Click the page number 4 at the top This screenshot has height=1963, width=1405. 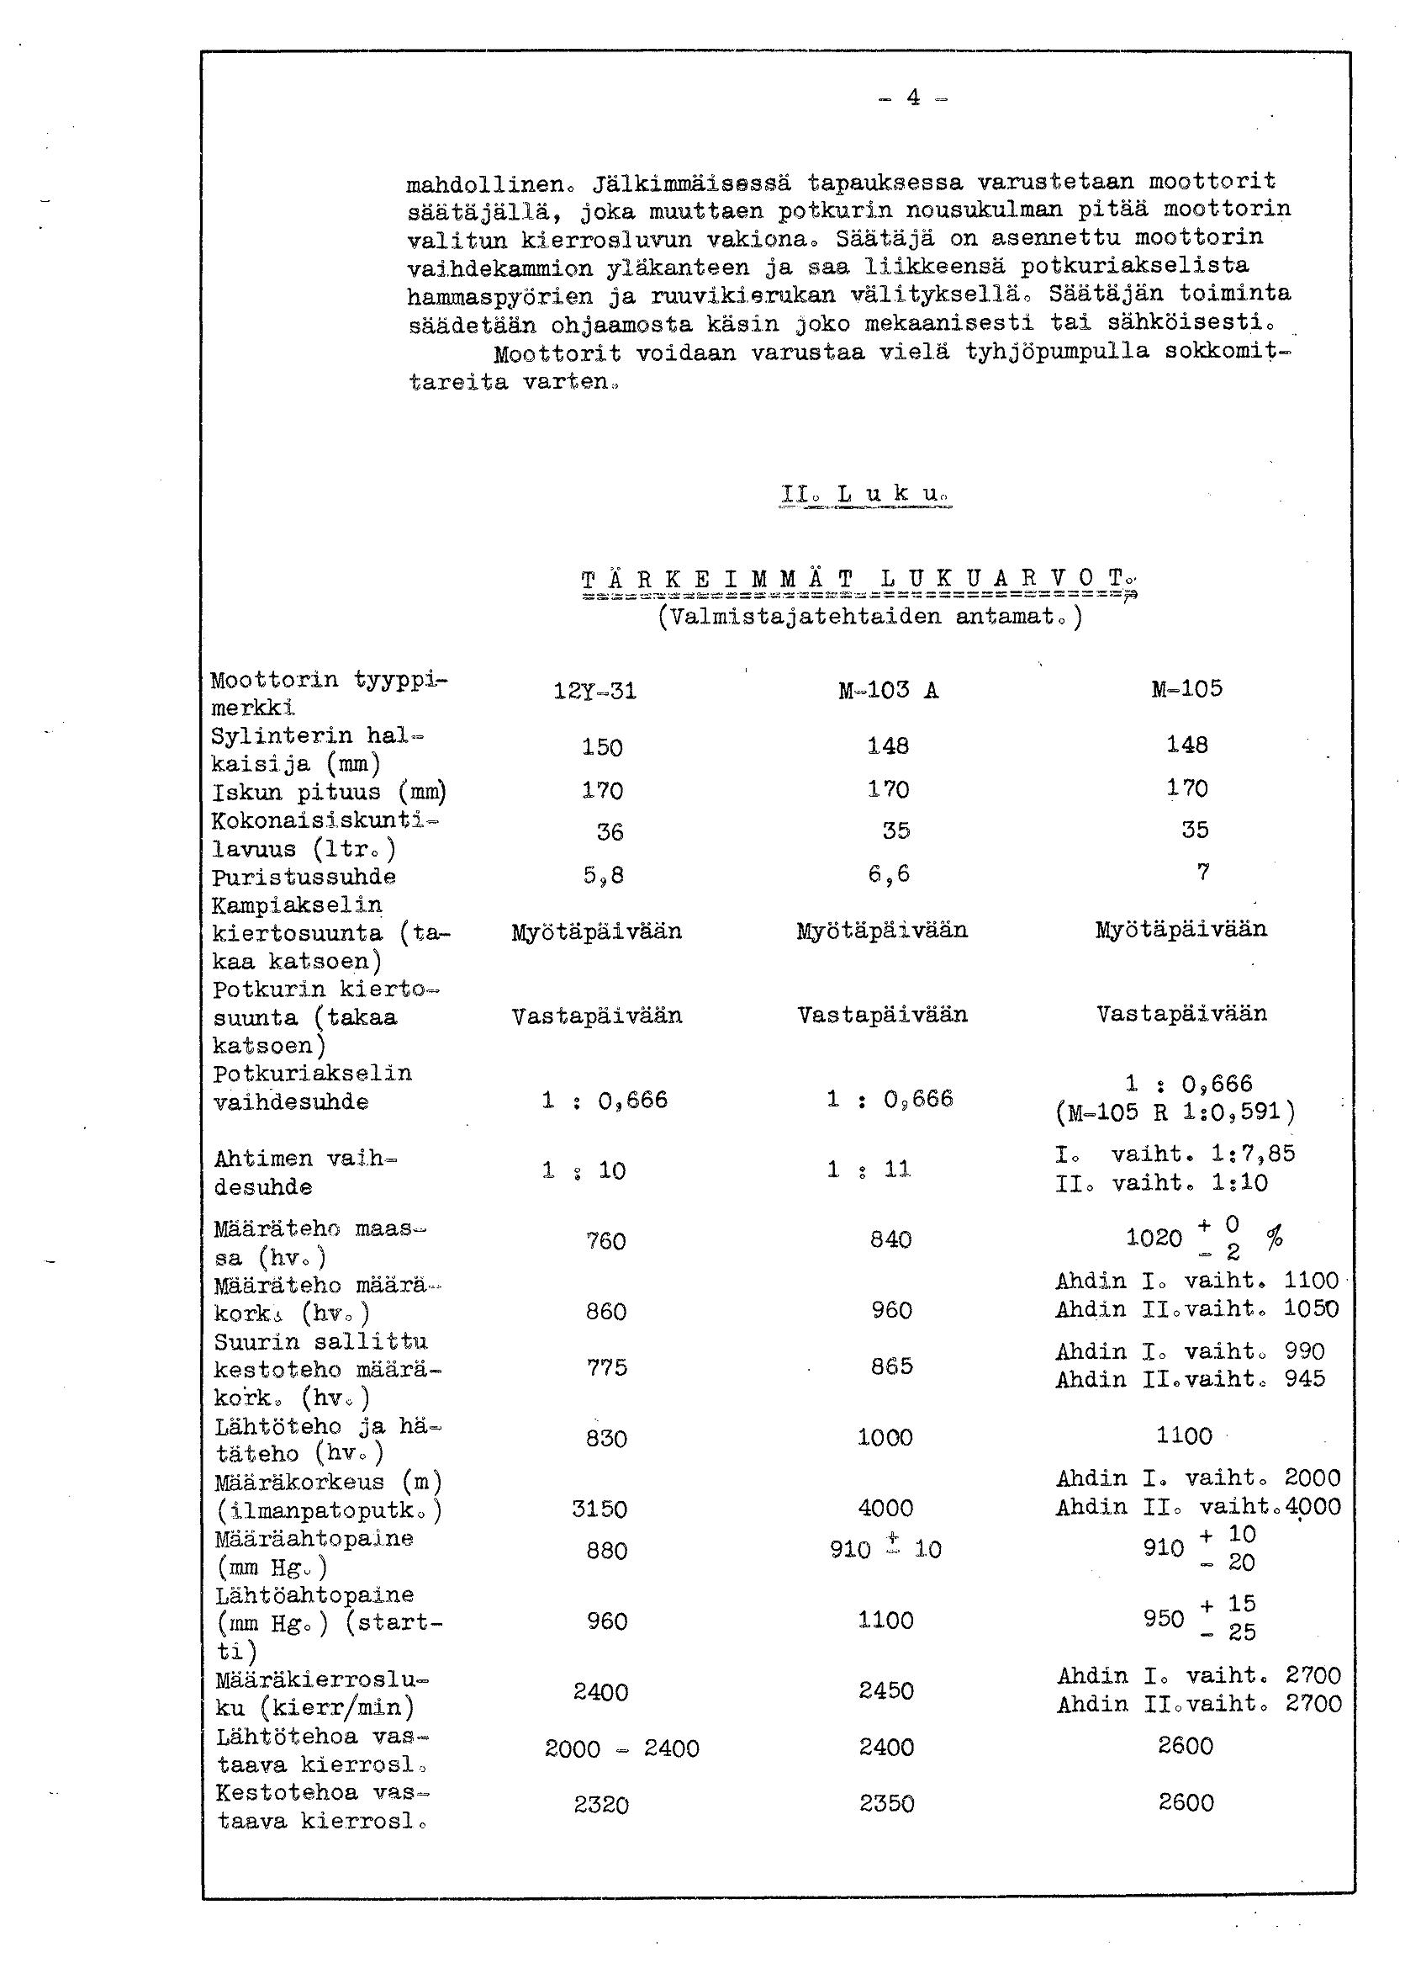click(913, 98)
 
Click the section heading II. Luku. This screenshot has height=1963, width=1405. click(865, 494)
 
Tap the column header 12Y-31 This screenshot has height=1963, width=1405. click(594, 692)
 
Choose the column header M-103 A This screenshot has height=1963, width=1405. click(888, 690)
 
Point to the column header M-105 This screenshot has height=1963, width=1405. click(1186, 689)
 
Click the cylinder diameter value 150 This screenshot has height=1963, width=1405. click(602, 747)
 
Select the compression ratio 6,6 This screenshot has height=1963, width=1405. click(890, 874)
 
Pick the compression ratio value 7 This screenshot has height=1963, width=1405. click(1202, 873)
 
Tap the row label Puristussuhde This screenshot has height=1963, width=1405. click(304, 877)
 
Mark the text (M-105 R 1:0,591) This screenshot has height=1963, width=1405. click(1175, 1112)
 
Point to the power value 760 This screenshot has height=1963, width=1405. click(605, 1241)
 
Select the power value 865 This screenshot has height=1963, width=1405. click(891, 1366)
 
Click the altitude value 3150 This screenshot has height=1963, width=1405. click(600, 1509)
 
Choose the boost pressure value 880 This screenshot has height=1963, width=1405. click(605, 1550)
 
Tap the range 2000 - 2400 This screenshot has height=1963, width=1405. click(621, 1749)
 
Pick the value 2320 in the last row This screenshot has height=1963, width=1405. click(600, 1806)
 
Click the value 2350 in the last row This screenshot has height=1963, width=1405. click(886, 1804)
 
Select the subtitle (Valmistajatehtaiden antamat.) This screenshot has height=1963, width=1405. click(869, 617)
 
